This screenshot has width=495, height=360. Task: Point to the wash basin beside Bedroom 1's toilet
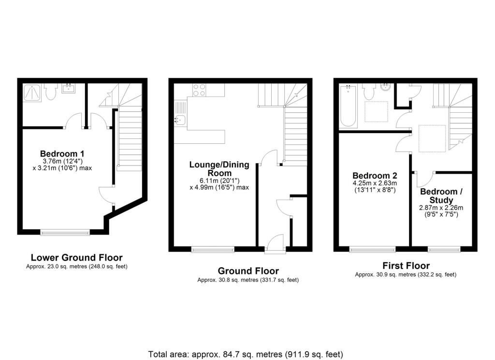point(67,89)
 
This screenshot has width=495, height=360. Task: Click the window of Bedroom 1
point(65,232)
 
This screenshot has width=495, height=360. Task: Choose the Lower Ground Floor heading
point(76,258)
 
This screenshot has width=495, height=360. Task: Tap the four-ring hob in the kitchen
point(199,90)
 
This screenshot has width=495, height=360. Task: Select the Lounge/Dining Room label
point(219,169)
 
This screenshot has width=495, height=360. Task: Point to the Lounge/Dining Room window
point(213,250)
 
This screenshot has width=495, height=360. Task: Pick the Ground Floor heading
point(248,271)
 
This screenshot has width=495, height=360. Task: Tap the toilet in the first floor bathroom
point(370,91)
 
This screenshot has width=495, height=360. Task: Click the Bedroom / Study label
point(441,196)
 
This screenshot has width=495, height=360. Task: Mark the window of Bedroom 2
point(372,250)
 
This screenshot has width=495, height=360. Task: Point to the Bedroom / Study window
point(444,250)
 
